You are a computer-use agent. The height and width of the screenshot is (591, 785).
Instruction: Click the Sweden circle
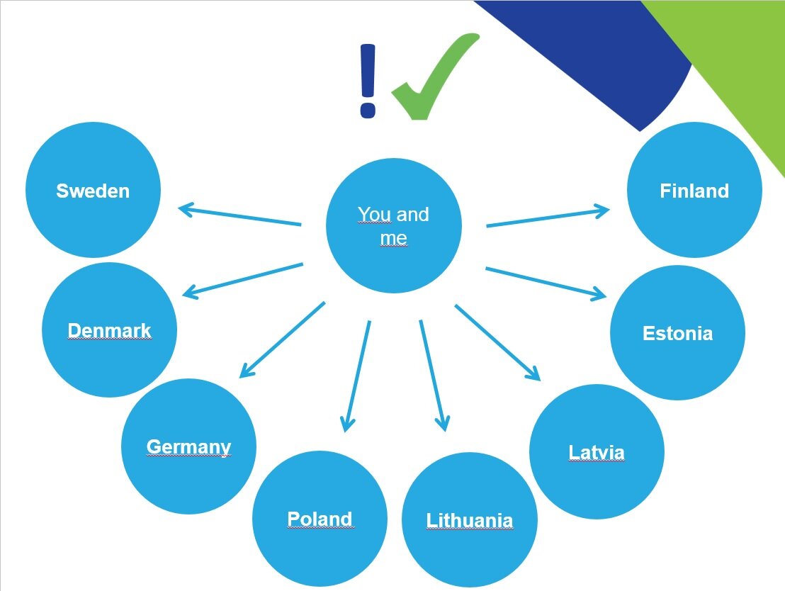pos(93,190)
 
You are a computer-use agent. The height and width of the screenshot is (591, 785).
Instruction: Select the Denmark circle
pos(110,330)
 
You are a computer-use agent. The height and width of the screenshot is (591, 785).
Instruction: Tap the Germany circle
pos(188,446)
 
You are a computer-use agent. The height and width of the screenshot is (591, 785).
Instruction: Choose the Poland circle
pos(320,519)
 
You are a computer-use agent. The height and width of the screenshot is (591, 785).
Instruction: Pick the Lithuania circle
pos(470,520)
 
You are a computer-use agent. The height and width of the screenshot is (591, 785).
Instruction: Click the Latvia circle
pos(597,452)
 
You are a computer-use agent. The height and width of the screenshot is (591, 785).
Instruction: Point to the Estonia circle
pos(677,332)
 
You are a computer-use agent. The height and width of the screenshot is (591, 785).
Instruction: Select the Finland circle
pos(694,190)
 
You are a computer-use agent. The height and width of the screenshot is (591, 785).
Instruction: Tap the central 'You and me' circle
pos(393,226)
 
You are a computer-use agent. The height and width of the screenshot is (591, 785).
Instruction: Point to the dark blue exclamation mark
pos(368,81)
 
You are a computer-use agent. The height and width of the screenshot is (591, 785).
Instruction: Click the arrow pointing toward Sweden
pos(239,215)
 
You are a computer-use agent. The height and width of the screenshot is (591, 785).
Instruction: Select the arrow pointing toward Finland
pos(548,217)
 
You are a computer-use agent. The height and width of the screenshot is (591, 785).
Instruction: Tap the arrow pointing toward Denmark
pos(243,281)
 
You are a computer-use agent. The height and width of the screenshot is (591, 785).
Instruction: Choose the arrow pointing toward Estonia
pos(546,283)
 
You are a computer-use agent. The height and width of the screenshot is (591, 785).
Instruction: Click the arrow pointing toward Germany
pos(283,339)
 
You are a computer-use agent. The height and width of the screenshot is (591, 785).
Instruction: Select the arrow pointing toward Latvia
pos(497,343)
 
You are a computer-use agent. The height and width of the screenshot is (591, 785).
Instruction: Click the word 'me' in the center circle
pos(393,238)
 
